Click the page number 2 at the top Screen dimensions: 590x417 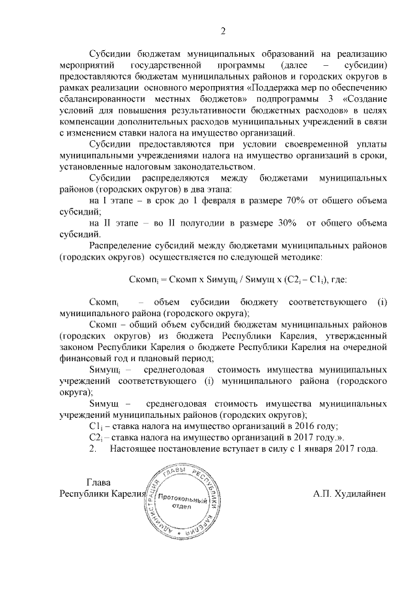click(x=223, y=30)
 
